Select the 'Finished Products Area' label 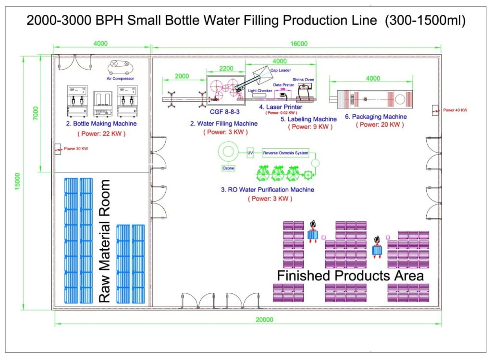pyautogui.click(x=350, y=276)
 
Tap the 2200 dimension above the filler pyautogui.click(x=225, y=68)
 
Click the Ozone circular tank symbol pyautogui.click(x=228, y=152)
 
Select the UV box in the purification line pyautogui.click(x=250, y=153)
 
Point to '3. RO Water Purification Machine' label pyautogui.click(x=268, y=190)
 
